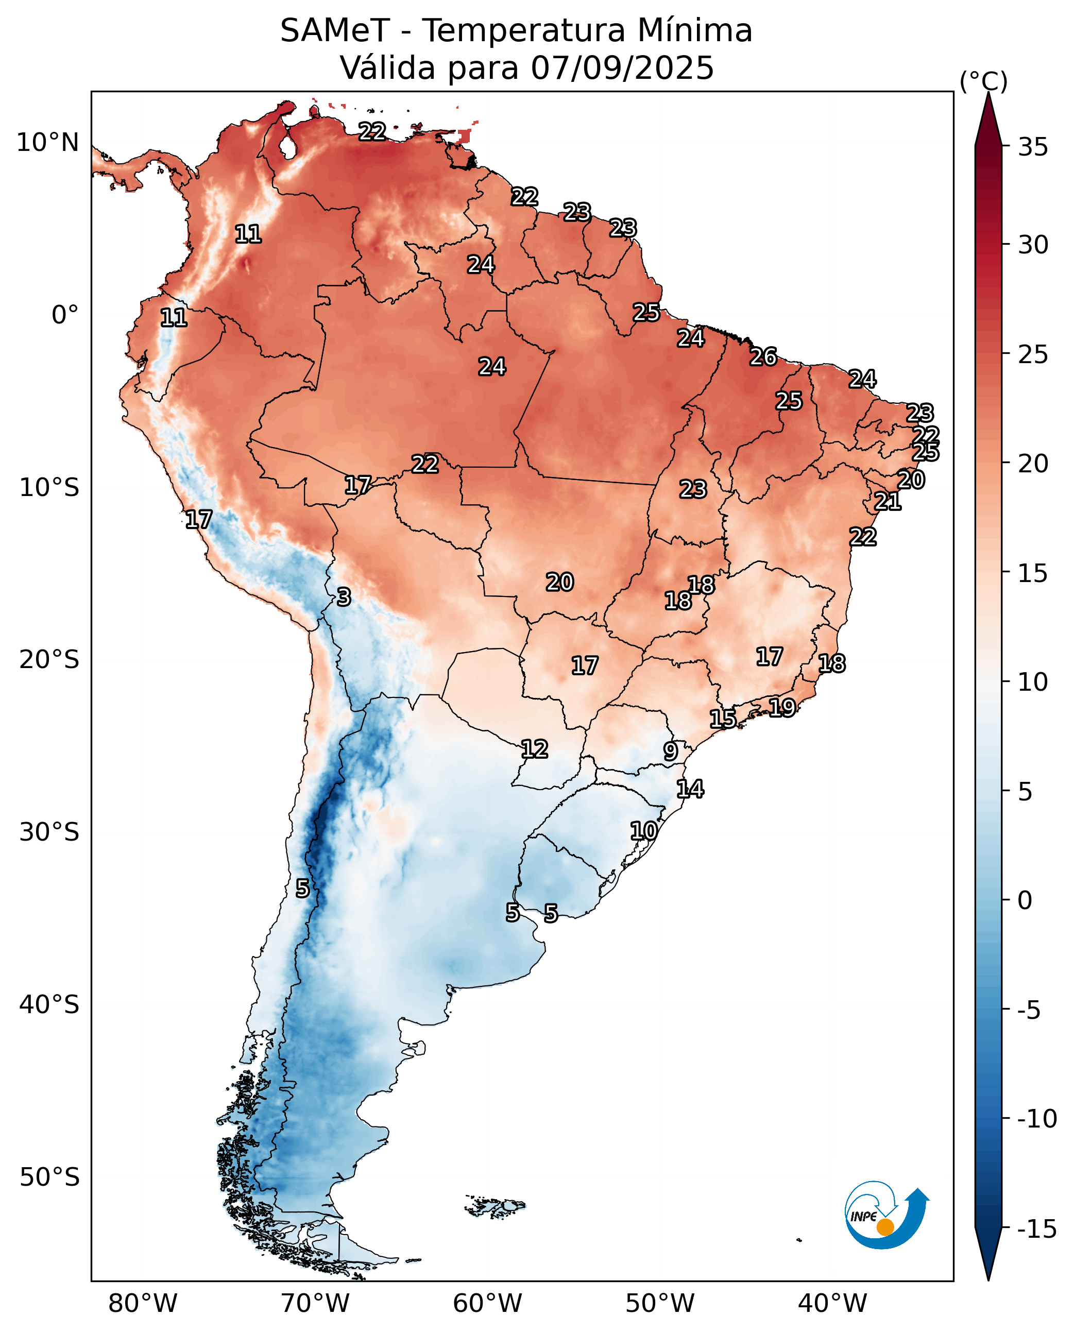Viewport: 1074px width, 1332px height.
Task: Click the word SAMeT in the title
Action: pyautogui.click(x=335, y=30)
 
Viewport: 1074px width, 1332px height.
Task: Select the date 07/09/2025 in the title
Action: pyautogui.click(x=622, y=67)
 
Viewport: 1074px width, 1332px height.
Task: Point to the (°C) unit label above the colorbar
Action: pyautogui.click(x=984, y=81)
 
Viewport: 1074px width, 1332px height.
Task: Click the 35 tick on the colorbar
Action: pyautogui.click(x=1033, y=147)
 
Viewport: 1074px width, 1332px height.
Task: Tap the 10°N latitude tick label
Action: pyautogui.click(x=47, y=142)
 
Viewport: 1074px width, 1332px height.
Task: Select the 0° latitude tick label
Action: pyautogui.click(x=65, y=315)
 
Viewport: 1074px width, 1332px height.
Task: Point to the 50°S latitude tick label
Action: pyautogui.click(x=49, y=1177)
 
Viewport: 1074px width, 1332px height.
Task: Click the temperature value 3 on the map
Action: pyautogui.click(x=344, y=597)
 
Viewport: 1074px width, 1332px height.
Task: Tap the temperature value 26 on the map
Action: pyautogui.click(x=763, y=356)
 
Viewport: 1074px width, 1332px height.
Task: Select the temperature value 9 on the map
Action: pyautogui.click(x=671, y=751)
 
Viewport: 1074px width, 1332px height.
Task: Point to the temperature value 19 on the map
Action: pyautogui.click(x=782, y=707)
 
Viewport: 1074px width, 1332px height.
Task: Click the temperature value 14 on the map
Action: pyautogui.click(x=690, y=789)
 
